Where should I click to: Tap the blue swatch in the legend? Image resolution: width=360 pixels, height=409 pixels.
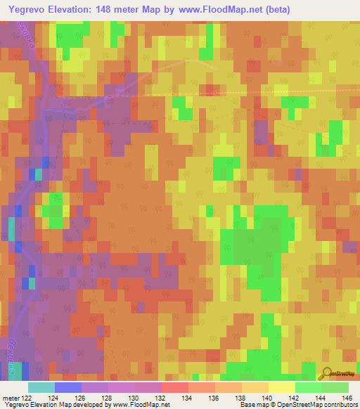[67, 387]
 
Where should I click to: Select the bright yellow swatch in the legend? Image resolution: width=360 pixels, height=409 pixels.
[281, 387]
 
